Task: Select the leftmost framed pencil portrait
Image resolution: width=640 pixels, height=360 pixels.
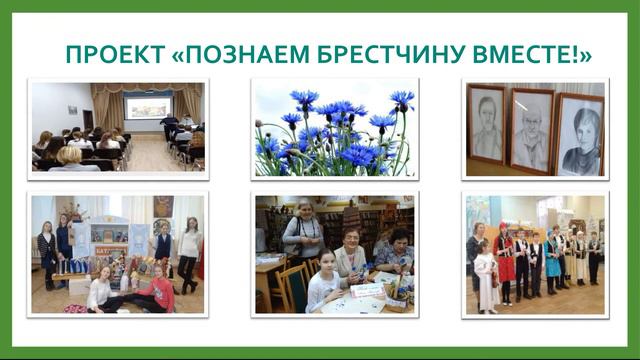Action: point(486,125)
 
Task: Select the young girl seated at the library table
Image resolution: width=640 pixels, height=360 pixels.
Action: point(322,285)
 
